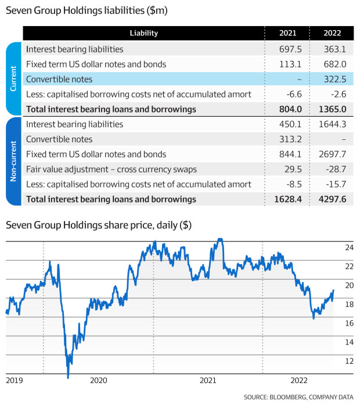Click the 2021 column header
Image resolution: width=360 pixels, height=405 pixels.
pyautogui.click(x=287, y=33)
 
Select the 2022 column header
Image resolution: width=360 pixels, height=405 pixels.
pyautogui.click(x=332, y=33)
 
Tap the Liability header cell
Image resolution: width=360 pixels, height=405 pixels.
pyautogui.click(x=143, y=33)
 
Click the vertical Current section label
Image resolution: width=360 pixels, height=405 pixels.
pyautogui.click(x=13, y=78)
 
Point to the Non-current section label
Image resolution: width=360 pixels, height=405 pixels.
pyautogui.click(x=13, y=161)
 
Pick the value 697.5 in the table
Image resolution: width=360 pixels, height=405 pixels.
pyautogui.click(x=290, y=49)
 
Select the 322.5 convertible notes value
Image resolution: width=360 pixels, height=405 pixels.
pyautogui.click(x=335, y=79)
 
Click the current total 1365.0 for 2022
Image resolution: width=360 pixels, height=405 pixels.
pyautogui.click(x=332, y=109)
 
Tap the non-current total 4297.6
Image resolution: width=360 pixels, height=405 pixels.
pyautogui.click(x=332, y=199)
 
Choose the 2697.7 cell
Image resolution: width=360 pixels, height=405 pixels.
pyautogui.click(x=332, y=154)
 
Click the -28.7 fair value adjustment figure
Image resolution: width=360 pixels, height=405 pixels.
pyautogui.click(x=336, y=169)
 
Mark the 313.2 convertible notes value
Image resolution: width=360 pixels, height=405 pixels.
pyautogui.click(x=290, y=139)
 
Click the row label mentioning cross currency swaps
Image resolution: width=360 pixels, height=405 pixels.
pyautogui.click(x=111, y=169)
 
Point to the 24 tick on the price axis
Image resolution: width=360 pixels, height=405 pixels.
pyautogui.click(x=349, y=247)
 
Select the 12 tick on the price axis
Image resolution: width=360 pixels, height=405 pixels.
pyautogui.click(x=349, y=361)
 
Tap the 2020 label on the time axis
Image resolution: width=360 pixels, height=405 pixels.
pyautogui.click(x=99, y=380)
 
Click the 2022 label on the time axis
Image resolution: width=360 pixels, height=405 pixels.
pyautogui.click(x=299, y=380)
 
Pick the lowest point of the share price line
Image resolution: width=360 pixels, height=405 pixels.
pyautogui.click(x=68, y=378)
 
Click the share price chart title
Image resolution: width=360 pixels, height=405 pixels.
pyautogui.click(x=99, y=225)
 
